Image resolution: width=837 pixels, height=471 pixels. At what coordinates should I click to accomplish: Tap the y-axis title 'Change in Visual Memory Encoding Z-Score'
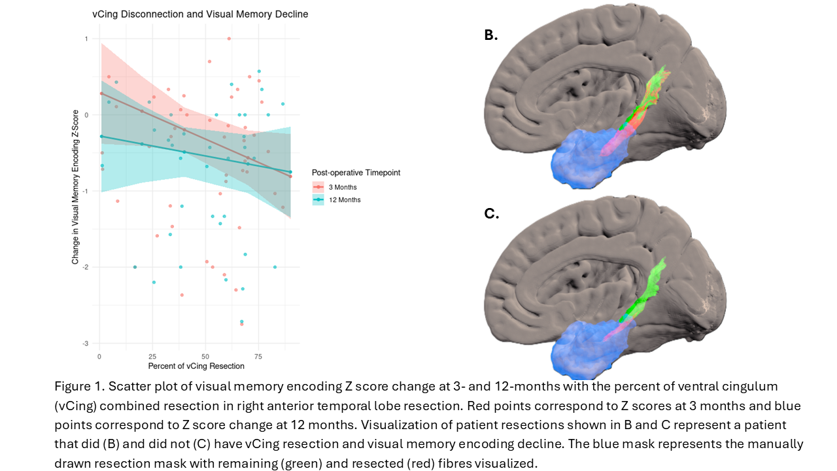[75, 187]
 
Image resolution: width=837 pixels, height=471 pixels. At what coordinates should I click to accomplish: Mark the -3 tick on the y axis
[86, 343]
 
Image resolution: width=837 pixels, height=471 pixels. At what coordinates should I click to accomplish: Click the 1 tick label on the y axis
[86, 39]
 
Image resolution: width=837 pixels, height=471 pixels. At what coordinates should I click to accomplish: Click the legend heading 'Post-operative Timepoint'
[356, 173]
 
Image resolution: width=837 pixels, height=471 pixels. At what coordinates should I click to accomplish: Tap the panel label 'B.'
[491, 35]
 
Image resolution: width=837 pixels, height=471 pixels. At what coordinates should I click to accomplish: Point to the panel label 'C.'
[491, 213]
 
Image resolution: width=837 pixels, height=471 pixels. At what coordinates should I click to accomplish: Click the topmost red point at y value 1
[229, 39]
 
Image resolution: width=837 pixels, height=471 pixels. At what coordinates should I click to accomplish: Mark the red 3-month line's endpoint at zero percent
[101, 94]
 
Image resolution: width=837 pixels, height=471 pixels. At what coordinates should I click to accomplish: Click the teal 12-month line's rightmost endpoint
[290, 172]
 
